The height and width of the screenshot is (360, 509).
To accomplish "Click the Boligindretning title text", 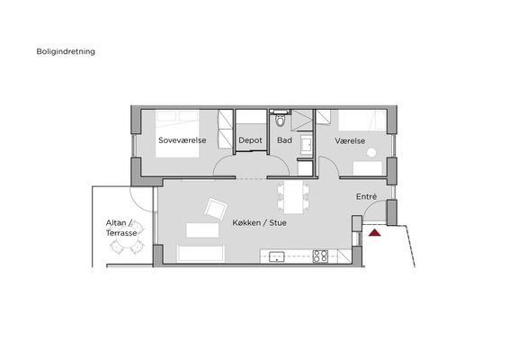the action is click(x=66, y=51).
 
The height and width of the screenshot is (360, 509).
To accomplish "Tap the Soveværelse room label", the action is click(x=183, y=140).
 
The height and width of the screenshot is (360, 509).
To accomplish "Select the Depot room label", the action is click(x=250, y=140).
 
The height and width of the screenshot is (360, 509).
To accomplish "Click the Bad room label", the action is click(x=284, y=140).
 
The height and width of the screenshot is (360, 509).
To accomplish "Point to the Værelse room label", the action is click(x=350, y=141).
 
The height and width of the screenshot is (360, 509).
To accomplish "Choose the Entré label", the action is click(x=367, y=196).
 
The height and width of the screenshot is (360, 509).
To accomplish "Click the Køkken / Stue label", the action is click(x=259, y=223).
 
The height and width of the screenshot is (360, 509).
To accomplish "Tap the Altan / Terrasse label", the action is click(x=121, y=228).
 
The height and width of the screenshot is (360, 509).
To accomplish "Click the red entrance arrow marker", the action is click(x=375, y=232).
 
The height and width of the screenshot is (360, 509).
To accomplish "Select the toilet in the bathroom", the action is click(x=280, y=120).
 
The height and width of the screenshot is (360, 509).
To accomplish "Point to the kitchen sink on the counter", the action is click(x=277, y=256).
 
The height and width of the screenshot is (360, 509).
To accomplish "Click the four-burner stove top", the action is click(x=320, y=256).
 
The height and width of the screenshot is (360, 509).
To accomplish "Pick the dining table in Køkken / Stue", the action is click(x=293, y=197).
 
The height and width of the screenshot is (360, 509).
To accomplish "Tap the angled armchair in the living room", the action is click(x=216, y=209).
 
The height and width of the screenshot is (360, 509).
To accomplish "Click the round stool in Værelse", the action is click(x=371, y=152).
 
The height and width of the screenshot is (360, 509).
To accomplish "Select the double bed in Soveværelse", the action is click(x=177, y=134).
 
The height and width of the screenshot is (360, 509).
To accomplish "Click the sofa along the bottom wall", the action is click(x=201, y=254).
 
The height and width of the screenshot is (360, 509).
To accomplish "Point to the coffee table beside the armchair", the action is click(x=202, y=230).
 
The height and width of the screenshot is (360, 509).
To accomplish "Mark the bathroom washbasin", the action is click(x=306, y=144).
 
